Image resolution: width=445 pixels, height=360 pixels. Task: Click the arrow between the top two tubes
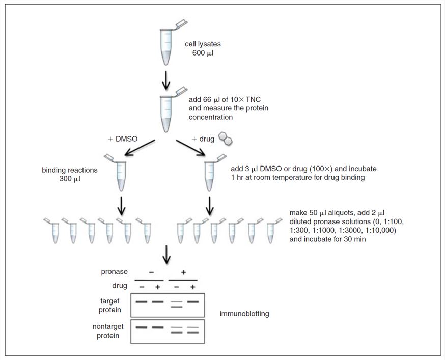(166, 79)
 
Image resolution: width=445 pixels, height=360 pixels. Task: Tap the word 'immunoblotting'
(244, 314)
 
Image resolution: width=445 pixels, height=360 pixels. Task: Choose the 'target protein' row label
(110, 305)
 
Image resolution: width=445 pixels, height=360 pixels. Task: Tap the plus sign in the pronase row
(183, 273)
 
